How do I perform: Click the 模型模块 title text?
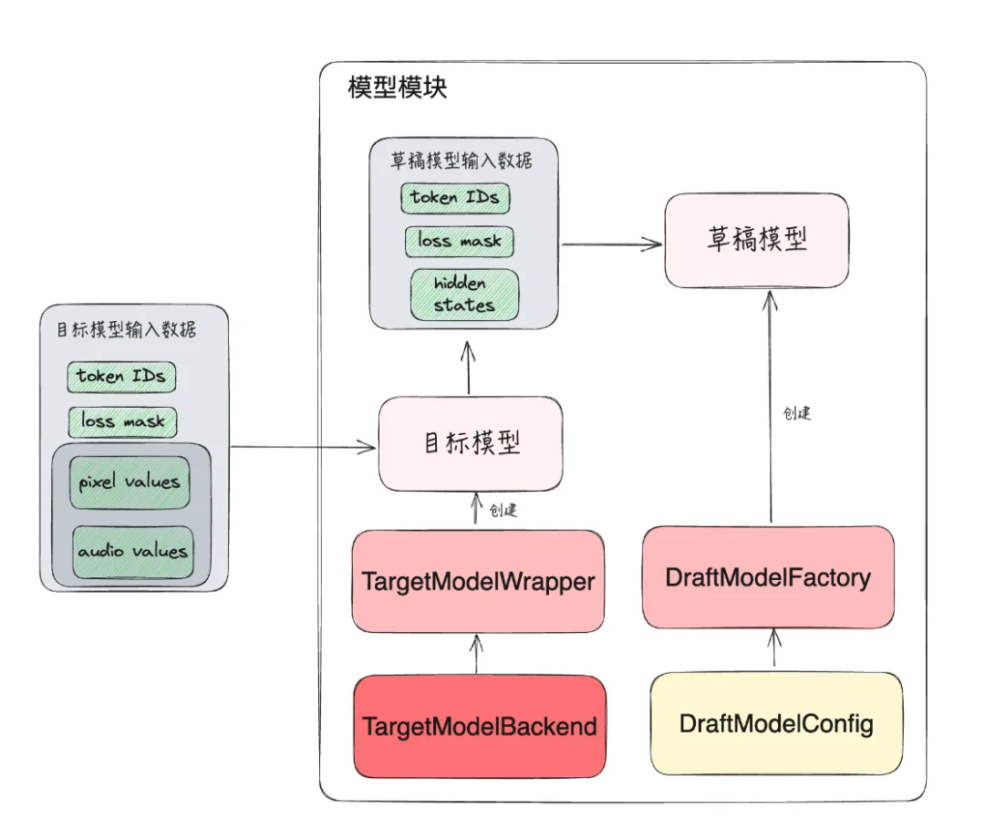click(x=398, y=89)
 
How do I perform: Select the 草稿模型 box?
click(x=757, y=239)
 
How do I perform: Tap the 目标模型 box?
click(x=471, y=443)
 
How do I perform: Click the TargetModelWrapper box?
click(x=478, y=581)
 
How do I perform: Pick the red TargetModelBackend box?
click(x=480, y=726)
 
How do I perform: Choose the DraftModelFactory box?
click(x=768, y=577)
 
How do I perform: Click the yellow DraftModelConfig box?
click(x=776, y=724)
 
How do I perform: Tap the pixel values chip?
click(x=130, y=482)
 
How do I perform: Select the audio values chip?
click(x=133, y=551)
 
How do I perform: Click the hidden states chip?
click(x=464, y=295)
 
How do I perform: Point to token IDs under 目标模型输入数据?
click(x=120, y=376)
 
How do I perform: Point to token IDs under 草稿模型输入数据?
click(x=454, y=197)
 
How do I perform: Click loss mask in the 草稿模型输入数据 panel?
click(x=460, y=242)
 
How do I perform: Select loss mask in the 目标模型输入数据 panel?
click(x=123, y=421)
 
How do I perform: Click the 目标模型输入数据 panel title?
click(x=127, y=329)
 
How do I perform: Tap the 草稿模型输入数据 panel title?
click(x=461, y=161)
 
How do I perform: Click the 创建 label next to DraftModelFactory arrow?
click(x=797, y=413)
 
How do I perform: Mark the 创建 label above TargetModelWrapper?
click(x=503, y=511)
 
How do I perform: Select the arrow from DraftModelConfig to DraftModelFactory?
click(x=774, y=649)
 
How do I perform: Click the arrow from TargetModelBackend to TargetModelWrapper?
click(x=474, y=653)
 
